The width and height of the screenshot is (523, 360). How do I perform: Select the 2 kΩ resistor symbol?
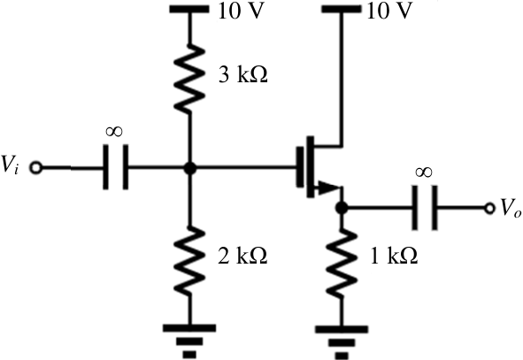[189, 261]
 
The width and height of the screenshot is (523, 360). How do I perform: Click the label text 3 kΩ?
[242, 74]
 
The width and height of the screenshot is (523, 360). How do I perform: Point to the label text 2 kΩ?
[242, 256]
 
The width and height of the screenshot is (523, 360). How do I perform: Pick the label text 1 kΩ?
[394, 256]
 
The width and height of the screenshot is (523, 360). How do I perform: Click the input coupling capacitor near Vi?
[115, 167]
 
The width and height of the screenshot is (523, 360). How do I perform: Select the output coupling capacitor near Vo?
[425, 208]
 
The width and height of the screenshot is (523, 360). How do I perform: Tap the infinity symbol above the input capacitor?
[114, 131]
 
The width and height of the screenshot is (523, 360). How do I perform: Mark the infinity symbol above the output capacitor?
[424, 172]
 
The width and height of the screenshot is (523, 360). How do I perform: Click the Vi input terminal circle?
[35, 167]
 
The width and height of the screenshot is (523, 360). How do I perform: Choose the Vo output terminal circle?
[489, 209]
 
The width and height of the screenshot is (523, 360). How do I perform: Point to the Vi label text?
[10, 165]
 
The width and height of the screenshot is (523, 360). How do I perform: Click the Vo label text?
[511, 209]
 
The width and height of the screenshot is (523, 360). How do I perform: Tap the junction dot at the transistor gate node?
[189, 168]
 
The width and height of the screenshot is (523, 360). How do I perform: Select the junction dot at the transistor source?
[342, 208]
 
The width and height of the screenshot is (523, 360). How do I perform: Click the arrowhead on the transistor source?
[329, 188]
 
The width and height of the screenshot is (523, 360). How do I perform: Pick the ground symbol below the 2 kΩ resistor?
[189, 341]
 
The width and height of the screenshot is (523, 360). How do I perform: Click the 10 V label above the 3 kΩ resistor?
[241, 11]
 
